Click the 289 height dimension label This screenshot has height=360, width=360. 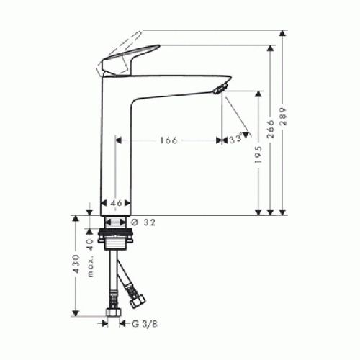point(284,117)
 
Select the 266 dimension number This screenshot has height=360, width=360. point(271,129)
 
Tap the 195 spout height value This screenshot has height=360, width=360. point(258,155)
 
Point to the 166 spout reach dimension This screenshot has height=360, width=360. point(168,140)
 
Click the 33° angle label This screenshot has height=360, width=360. point(235,139)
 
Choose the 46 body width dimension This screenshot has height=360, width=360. point(116,203)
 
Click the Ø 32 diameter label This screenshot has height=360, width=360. point(143,222)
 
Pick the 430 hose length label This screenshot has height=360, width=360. point(76,264)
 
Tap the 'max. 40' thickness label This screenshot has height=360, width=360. point(90,258)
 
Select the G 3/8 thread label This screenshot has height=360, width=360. point(145,324)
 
